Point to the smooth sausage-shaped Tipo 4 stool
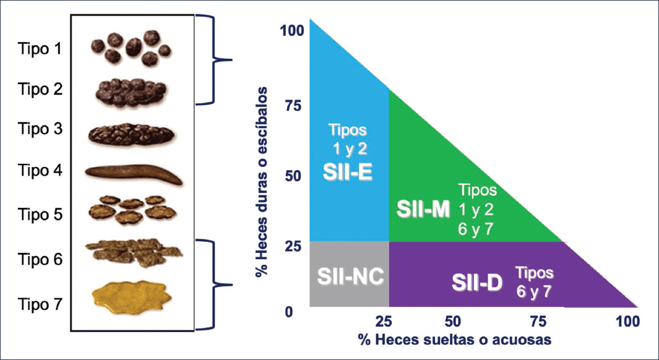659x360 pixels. click(x=133, y=174)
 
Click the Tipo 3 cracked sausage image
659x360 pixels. click(x=132, y=134)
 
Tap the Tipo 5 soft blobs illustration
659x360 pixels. click(x=131, y=210)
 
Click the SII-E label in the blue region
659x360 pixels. click(x=347, y=173)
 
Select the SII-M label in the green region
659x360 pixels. click(x=423, y=209)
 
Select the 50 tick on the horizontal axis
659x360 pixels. click(x=453, y=322)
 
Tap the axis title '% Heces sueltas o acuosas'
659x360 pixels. click(x=454, y=340)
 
